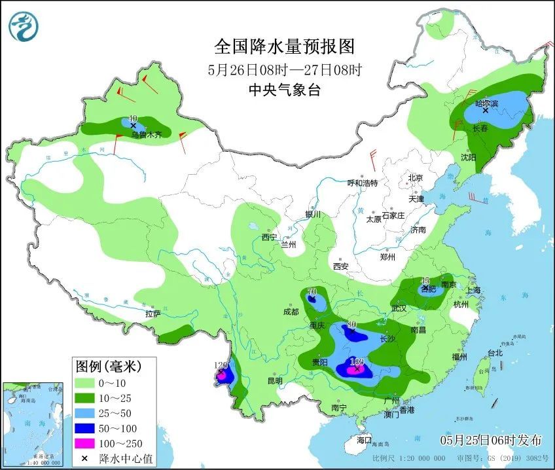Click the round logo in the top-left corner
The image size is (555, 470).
tap(24, 26)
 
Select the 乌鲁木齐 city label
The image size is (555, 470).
tap(145, 135)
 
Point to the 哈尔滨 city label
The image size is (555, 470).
tap(486, 103)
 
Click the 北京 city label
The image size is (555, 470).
tap(416, 177)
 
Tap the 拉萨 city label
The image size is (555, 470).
tap(153, 314)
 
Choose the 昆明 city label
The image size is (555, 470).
tap(275, 381)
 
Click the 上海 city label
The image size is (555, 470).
tap(473, 290)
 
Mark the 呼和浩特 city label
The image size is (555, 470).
tap(363, 183)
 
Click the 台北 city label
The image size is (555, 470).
tap(495, 353)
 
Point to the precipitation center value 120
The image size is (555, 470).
tap(220, 365)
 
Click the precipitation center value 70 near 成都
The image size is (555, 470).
tap(312, 291)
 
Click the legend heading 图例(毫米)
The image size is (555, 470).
tap(108, 365)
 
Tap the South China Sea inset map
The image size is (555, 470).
tap(34, 425)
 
